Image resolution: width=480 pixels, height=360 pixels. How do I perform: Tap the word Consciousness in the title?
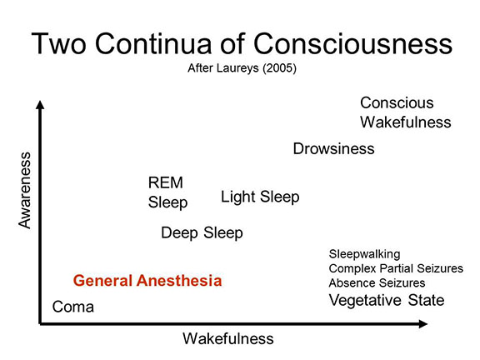pos(353,43)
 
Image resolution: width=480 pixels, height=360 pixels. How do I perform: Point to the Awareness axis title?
pos(25,190)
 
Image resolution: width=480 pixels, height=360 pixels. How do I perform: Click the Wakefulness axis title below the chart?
pos(228,338)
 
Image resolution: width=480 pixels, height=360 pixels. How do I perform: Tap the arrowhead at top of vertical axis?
pos(40,105)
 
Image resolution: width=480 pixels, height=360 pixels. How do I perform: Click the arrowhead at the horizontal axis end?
pos(423,323)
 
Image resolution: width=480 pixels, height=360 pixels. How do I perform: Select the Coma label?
pos(72,307)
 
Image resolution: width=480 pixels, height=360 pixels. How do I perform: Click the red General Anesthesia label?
pos(147,280)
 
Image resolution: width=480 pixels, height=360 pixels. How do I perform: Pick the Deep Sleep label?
pos(202,233)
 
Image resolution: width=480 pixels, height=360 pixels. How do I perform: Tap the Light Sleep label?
pos(260,197)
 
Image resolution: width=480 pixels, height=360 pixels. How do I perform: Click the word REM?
pos(165,182)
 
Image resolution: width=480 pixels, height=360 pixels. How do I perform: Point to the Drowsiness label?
pos(333,149)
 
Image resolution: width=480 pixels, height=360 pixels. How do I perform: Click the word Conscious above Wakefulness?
pos(397,102)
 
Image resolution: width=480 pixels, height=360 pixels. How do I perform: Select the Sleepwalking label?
pos(364,254)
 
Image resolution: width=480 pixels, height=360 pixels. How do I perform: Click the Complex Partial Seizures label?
pos(396,268)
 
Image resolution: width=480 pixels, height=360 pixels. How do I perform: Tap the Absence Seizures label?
pos(377,282)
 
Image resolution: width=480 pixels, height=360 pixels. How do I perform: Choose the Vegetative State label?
pos(387,300)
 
